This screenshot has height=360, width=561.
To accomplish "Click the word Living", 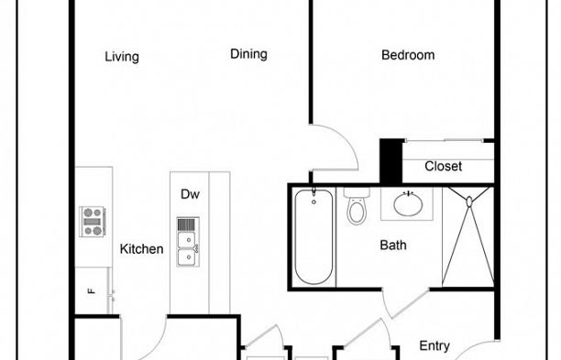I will tap(122, 57).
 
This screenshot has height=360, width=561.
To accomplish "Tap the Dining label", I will tap(248, 54).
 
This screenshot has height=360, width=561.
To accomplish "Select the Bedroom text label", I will tap(408, 55).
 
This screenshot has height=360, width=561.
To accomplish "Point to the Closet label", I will tap(443, 167).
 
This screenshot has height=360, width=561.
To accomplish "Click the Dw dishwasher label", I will tap(190, 194).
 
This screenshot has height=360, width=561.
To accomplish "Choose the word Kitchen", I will tap(142, 249).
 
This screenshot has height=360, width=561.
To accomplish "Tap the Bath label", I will tap(393, 245).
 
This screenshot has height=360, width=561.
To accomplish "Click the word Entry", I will tap(434, 346).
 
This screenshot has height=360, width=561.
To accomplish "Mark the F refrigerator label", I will tap(91, 292).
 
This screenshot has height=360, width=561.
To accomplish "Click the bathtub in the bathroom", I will tap(313, 236).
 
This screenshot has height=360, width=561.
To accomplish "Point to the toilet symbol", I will tap(357, 209).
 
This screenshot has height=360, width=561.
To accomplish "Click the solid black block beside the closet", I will tap(391, 160).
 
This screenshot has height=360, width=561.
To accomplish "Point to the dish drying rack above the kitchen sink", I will tap(186, 224).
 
